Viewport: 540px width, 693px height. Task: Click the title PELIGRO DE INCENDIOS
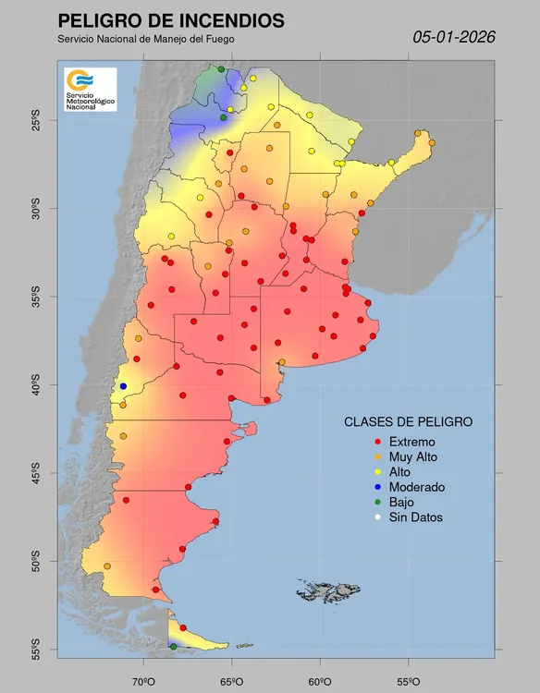(x=170, y=21)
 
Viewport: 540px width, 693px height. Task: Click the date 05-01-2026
(x=454, y=37)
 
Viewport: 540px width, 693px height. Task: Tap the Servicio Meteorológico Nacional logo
(x=90, y=90)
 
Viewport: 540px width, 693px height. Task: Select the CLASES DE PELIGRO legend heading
(x=408, y=421)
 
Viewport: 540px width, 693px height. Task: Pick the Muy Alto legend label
(x=413, y=456)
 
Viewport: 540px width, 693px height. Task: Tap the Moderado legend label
(x=417, y=487)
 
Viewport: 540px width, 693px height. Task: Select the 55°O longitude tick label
(x=409, y=681)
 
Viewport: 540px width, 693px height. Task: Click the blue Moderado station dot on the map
(x=123, y=386)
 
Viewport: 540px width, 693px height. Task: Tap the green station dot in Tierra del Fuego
(x=173, y=647)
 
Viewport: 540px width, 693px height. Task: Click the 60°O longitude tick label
(x=320, y=681)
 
